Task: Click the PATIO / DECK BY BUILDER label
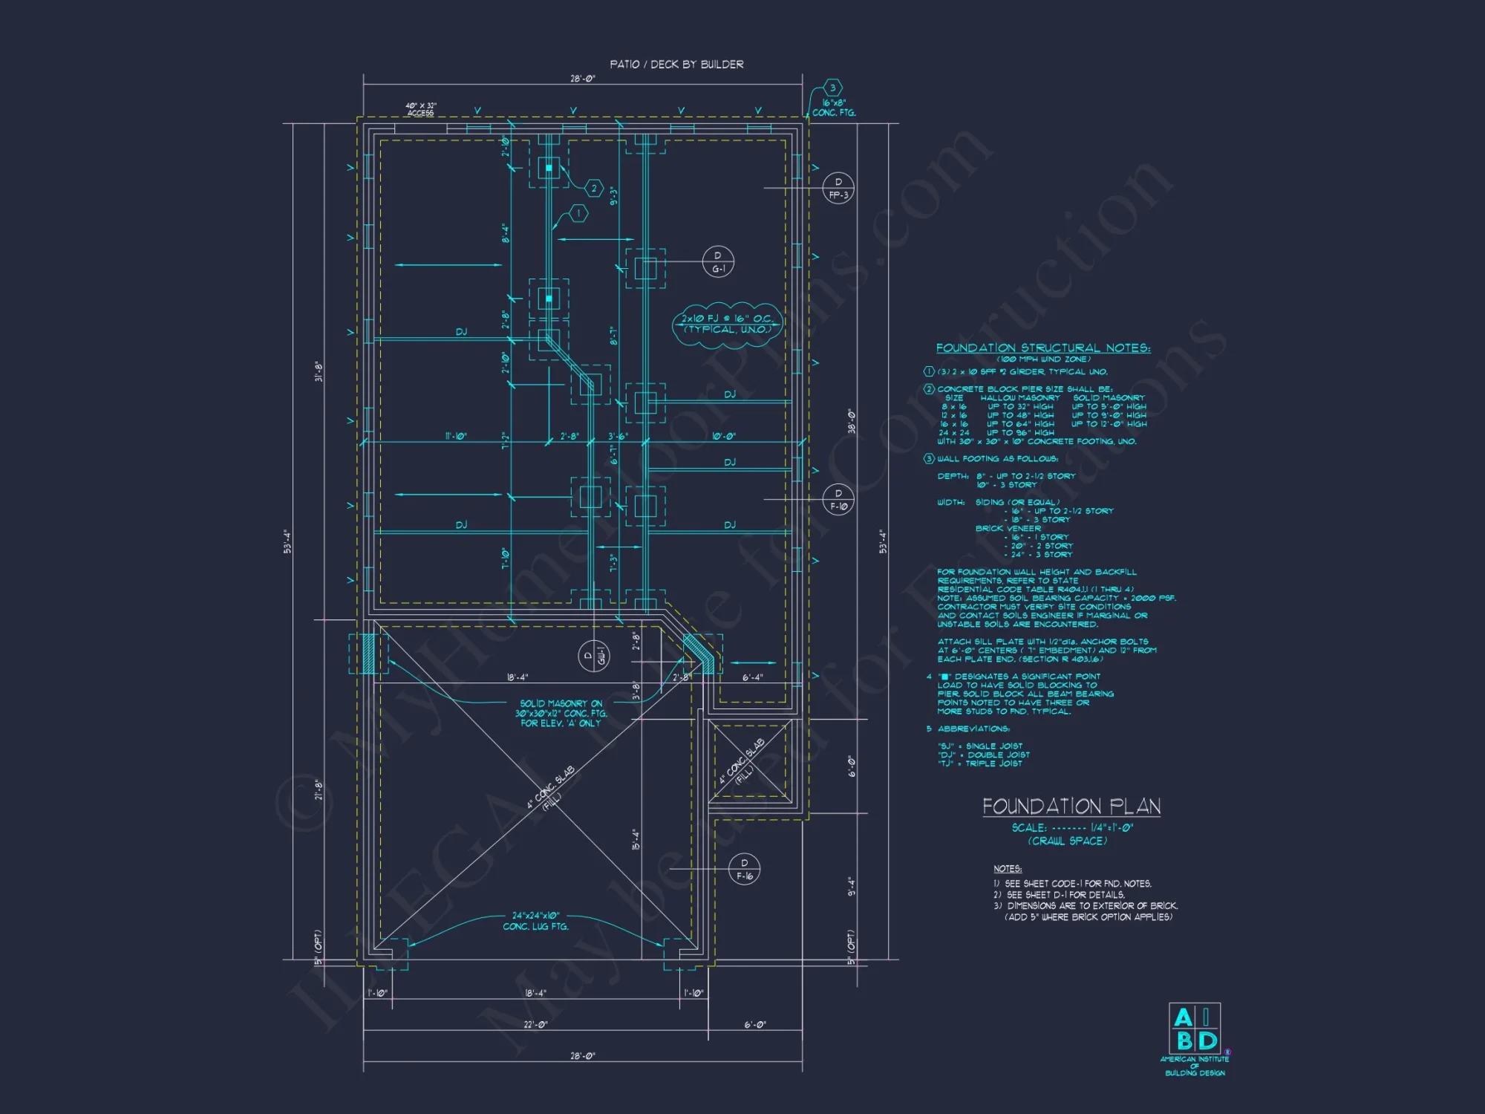click(676, 65)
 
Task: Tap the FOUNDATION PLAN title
click(1071, 807)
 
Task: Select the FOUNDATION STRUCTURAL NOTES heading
click(1042, 348)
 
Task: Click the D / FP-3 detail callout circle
click(838, 188)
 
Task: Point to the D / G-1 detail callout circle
click(718, 262)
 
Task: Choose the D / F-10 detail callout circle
click(838, 499)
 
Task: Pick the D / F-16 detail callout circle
click(744, 869)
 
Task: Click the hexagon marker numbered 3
click(833, 88)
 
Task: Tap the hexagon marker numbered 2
click(593, 189)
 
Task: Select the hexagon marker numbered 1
click(579, 214)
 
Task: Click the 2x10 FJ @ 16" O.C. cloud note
click(728, 324)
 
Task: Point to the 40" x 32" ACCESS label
click(421, 109)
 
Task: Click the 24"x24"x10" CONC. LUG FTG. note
click(535, 921)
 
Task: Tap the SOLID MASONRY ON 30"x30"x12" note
click(561, 713)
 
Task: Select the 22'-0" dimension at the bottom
click(535, 1025)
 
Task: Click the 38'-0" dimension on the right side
click(851, 421)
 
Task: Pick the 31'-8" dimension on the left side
click(319, 371)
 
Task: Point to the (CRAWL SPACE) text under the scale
click(1067, 841)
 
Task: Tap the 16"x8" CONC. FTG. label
click(833, 108)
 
